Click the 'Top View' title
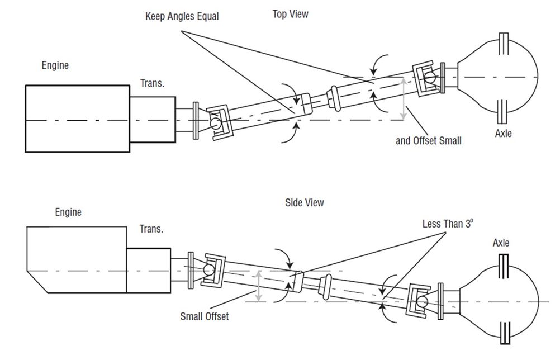click(290, 14)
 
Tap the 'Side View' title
click(304, 202)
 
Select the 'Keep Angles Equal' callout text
click(182, 17)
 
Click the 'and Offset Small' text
click(429, 141)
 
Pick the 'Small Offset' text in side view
click(205, 316)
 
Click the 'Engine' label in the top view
click(55, 65)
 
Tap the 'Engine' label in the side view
click(68, 212)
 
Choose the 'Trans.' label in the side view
click(151, 230)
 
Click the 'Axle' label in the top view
click(503, 134)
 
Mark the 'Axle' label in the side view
click(501, 243)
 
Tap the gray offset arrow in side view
click(258, 286)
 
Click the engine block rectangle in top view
click(77, 118)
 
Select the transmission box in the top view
click(153, 120)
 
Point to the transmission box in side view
click(148, 270)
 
